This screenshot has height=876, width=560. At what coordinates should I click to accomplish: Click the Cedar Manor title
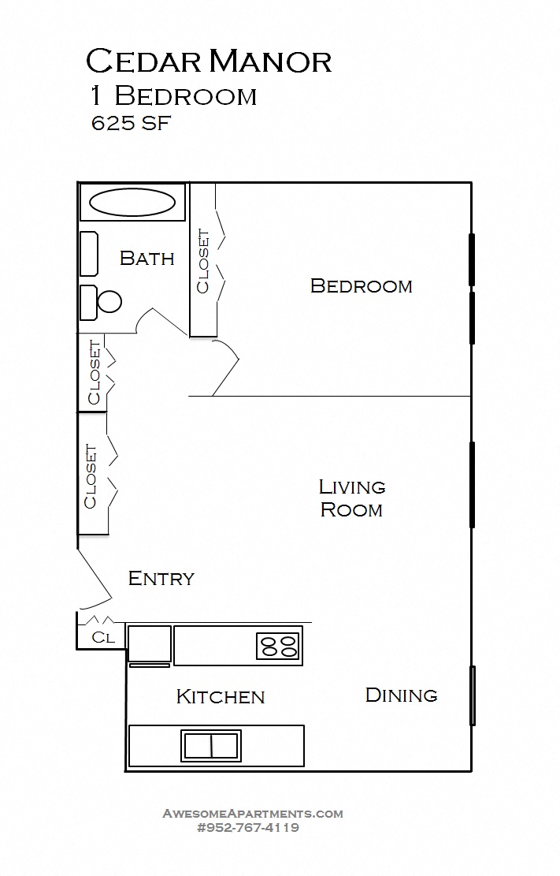pyautogui.click(x=208, y=61)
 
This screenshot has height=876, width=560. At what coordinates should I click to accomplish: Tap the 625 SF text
pyautogui.click(x=132, y=124)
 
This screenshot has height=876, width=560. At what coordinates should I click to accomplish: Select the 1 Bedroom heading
pyautogui.click(x=173, y=96)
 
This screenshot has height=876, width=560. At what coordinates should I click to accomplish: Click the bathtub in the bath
pyautogui.click(x=132, y=203)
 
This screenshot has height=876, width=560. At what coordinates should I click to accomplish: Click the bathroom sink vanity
pyautogui.click(x=88, y=253)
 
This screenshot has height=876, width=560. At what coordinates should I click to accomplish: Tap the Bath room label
pyautogui.click(x=146, y=258)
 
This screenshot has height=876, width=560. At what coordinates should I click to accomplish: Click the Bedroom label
pyautogui.click(x=361, y=285)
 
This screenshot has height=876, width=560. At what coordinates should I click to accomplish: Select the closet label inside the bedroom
pyautogui.click(x=203, y=261)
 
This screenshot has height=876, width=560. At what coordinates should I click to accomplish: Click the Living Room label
pyautogui.click(x=351, y=498)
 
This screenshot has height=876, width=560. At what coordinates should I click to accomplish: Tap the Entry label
pyautogui.click(x=161, y=579)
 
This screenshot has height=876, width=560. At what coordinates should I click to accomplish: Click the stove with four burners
pyautogui.click(x=279, y=646)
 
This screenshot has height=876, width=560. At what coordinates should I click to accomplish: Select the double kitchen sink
pyautogui.click(x=211, y=745)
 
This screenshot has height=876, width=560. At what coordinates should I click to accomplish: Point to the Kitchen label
pyautogui.click(x=220, y=697)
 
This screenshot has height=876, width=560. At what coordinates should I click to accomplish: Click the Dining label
pyautogui.click(x=401, y=695)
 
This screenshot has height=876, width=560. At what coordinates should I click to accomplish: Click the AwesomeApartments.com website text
pyautogui.click(x=252, y=814)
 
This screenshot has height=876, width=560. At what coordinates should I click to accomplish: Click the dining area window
pyautogui.click(x=473, y=695)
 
